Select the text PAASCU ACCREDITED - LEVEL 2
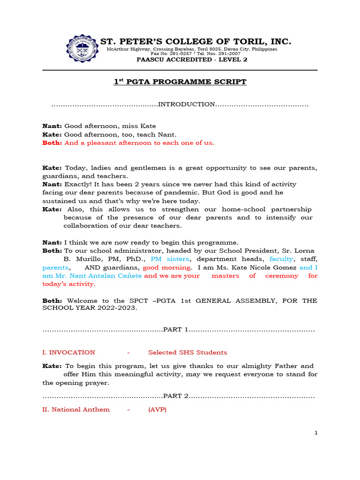coord(192,60)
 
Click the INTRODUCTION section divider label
coord(186,104)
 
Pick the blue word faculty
coord(281,259)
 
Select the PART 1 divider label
coord(175,330)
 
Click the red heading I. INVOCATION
coord(68,352)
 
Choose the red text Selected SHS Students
coord(187,352)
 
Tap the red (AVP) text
coord(157,409)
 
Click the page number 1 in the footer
coord(316,433)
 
